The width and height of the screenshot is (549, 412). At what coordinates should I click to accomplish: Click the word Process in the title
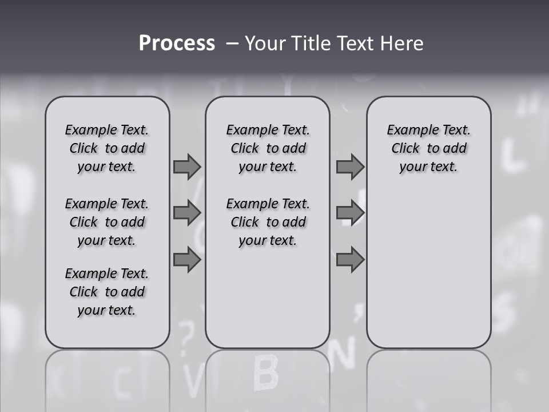click(x=177, y=43)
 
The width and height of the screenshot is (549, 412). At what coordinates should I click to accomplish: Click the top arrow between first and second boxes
click(x=187, y=167)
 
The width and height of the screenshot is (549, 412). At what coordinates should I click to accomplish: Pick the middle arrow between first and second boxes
click(x=187, y=213)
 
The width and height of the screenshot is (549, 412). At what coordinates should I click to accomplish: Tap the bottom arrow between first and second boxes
click(x=187, y=260)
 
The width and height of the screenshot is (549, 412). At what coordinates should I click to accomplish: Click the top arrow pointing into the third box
click(x=350, y=167)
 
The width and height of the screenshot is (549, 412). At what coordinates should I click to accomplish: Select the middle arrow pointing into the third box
click(x=350, y=213)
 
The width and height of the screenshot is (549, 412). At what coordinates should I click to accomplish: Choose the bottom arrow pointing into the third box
click(x=350, y=260)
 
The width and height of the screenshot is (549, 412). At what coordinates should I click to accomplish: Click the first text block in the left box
click(x=107, y=148)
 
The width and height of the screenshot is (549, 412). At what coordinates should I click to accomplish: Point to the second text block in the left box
click(x=107, y=222)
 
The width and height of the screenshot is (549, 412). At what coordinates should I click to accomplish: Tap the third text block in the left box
click(x=107, y=292)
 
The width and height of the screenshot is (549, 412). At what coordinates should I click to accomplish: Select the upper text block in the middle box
click(x=268, y=148)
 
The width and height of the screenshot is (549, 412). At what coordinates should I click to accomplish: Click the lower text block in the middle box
click(x=268, y=222)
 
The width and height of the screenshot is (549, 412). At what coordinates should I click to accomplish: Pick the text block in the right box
click(x=428, y=148)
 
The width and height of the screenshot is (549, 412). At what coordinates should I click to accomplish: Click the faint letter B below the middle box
click(x=265, y=373)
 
